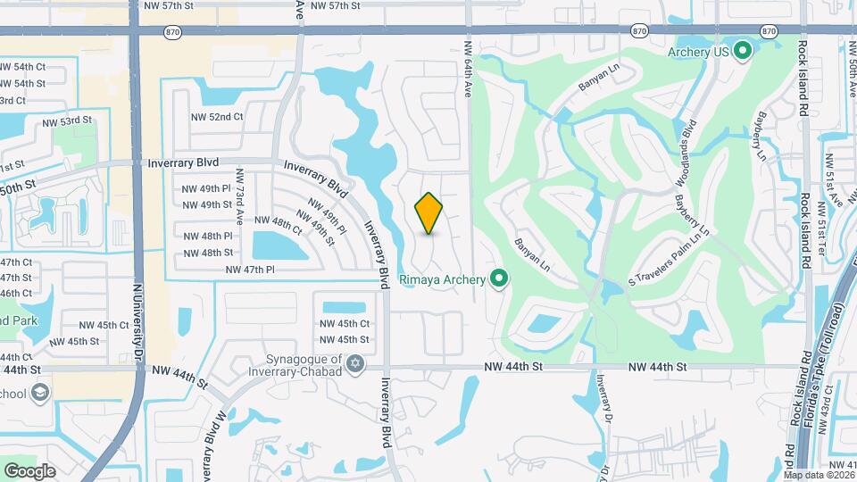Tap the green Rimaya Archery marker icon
499,280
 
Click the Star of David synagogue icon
356,365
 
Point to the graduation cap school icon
39,392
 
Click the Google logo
29,470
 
